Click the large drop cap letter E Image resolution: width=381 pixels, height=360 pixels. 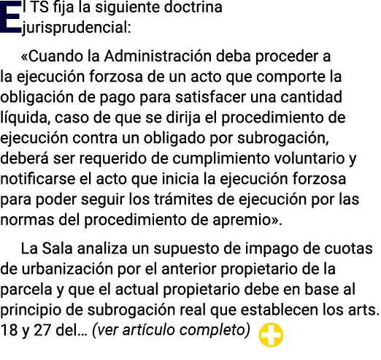tap(11, 17)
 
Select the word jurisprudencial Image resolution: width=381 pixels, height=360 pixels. tap(76, 28)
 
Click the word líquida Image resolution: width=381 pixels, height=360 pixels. tap(25, 118)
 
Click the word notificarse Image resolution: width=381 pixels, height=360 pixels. tap(38, 179)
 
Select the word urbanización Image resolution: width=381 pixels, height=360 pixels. tap(67, 269)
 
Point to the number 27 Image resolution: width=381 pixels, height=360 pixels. tap(42, 331)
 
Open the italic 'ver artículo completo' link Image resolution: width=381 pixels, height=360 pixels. tap(172, 331)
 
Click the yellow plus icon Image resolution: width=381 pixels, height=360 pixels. tap(271, 334)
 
